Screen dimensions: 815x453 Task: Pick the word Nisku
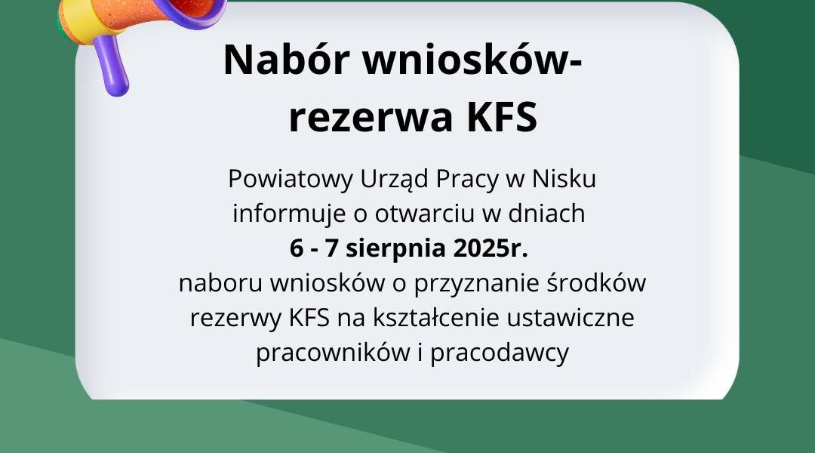564,179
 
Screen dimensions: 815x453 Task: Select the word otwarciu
425,214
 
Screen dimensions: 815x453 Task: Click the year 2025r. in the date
491,248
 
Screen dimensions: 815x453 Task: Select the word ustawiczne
570,319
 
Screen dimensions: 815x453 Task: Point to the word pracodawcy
500,353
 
